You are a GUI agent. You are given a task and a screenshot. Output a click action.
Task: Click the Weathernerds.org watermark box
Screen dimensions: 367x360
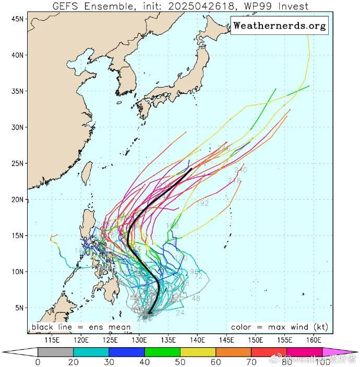click(280, 25)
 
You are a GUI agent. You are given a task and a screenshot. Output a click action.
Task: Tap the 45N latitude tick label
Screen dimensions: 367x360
click(18, 19)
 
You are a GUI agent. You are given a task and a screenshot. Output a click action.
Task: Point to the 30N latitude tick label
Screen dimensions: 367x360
click(18, 127)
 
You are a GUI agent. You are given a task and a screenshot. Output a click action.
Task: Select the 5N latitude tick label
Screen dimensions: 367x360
click(20, 308)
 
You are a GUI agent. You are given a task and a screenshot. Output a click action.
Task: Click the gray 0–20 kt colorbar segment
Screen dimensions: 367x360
click(55, 352)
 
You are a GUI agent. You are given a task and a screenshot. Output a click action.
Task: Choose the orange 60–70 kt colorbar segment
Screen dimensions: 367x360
click(233, 352)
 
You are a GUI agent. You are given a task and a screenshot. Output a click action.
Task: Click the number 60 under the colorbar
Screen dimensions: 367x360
click(215, 362)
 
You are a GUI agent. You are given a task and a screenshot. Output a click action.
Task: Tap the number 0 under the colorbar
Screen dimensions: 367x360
click(38, 362)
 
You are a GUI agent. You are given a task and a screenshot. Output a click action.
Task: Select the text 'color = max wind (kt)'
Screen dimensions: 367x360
click(279, 327)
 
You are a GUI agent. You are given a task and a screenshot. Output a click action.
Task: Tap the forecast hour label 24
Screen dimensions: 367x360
click(181, 313)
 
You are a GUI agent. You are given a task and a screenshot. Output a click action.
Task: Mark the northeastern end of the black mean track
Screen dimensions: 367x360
click(191, 169)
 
